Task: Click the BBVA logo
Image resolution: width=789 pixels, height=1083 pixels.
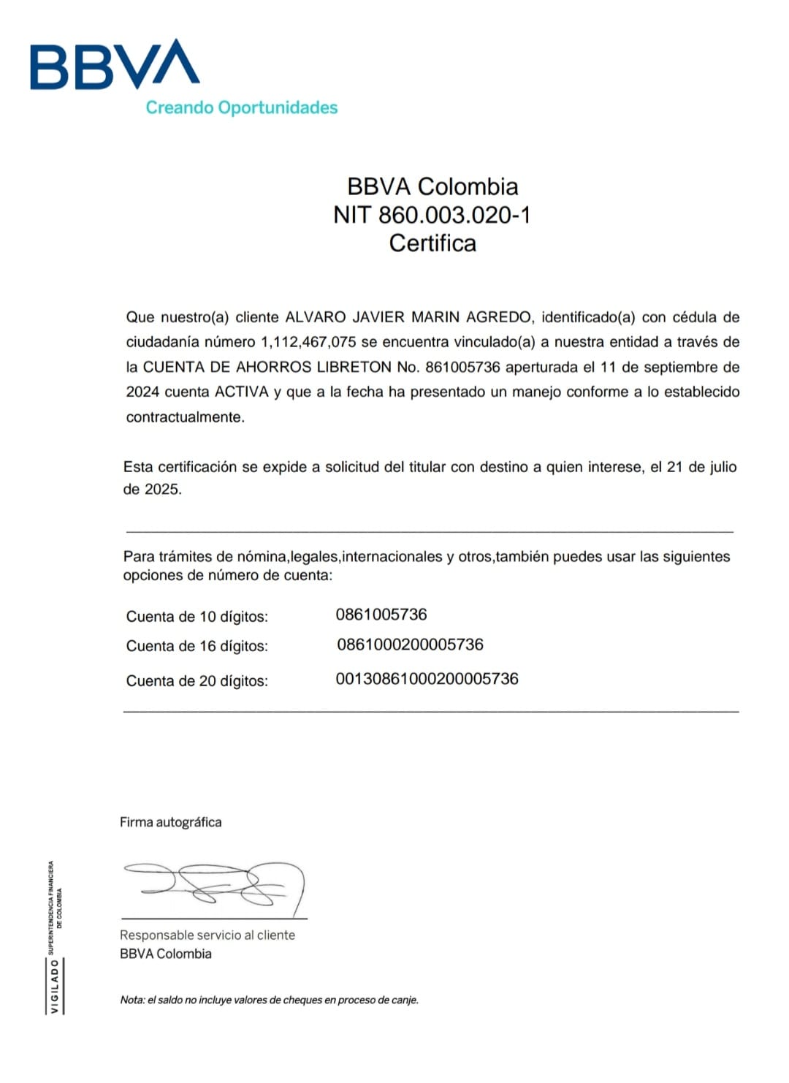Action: click(115, 65)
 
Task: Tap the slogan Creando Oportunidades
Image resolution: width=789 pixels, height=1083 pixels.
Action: click(241, 107)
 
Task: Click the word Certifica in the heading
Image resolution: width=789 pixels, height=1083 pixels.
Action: click(432, 243)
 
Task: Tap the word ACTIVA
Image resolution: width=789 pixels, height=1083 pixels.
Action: click(242, 392)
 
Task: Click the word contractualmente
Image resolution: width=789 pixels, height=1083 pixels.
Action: click(185, 417)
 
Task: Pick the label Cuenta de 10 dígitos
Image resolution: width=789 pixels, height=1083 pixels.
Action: click(197, 617)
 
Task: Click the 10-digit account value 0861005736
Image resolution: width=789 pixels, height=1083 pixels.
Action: click(381, 615)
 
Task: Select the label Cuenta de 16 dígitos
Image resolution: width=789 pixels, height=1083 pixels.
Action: click(197, 646)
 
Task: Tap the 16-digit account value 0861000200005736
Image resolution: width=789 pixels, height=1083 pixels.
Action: click(410, 645)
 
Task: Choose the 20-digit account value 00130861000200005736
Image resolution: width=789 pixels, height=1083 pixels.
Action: click(427, 679)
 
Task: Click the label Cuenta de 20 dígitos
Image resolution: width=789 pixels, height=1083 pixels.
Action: click(197, 681)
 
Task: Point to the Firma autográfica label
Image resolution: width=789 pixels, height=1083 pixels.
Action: click(170, 822)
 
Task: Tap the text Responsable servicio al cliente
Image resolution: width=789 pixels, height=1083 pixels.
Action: click(207, 935)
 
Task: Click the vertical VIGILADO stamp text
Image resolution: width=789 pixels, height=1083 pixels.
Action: click(55, 986)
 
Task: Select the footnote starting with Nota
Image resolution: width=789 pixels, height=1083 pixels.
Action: click(269, 1000)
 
